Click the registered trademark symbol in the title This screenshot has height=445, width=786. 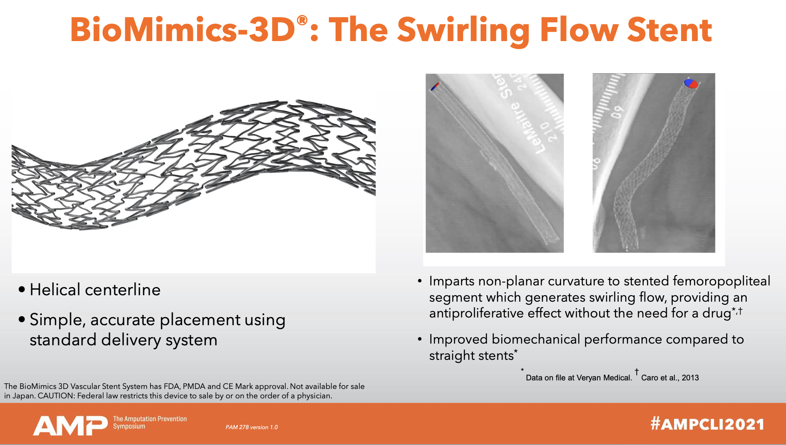click(302, 20)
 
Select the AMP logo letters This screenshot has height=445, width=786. click(70, 425)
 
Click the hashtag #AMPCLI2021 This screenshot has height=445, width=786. click(707, 424)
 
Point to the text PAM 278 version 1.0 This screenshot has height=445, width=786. click(251, 427)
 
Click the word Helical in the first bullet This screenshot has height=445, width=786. click(55, 290)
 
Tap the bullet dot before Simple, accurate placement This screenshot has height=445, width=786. click(22, 320)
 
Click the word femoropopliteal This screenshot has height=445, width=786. click(721, 281)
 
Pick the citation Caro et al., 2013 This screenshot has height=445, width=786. click(670, 378)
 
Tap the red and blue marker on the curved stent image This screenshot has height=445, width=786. click(691, 83)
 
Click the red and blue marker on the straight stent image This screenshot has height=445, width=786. click(435, 86)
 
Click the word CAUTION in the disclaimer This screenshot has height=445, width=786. click(56, 396)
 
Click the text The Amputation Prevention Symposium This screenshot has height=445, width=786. click(150, 422)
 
